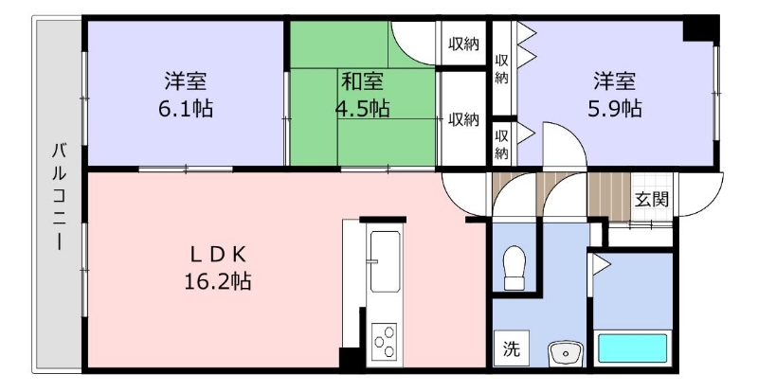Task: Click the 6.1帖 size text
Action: [x=186, y=109]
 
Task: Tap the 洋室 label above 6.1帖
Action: [x=186, y=81]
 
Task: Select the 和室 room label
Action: [x=363, y=81]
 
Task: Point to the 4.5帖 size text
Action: [x=363, y=109]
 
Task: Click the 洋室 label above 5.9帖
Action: [x=615, y=81]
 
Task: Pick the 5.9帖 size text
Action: [x=615, y=109]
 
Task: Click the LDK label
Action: [x=218, y=255]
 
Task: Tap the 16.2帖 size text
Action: [x=218, y=281]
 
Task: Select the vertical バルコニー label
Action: [x=60, y=196]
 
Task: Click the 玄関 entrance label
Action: [x=652, y=199]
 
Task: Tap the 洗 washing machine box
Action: [x=511, y=348]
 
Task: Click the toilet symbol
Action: [x=514, y=267]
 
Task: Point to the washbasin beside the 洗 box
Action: [x=565, y=354]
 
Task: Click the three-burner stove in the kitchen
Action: [x=385, y=341]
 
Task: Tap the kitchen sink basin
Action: [x=385, y=261]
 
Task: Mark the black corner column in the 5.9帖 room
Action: [x=700, y=30]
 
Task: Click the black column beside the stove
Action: [x=350, y=358]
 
